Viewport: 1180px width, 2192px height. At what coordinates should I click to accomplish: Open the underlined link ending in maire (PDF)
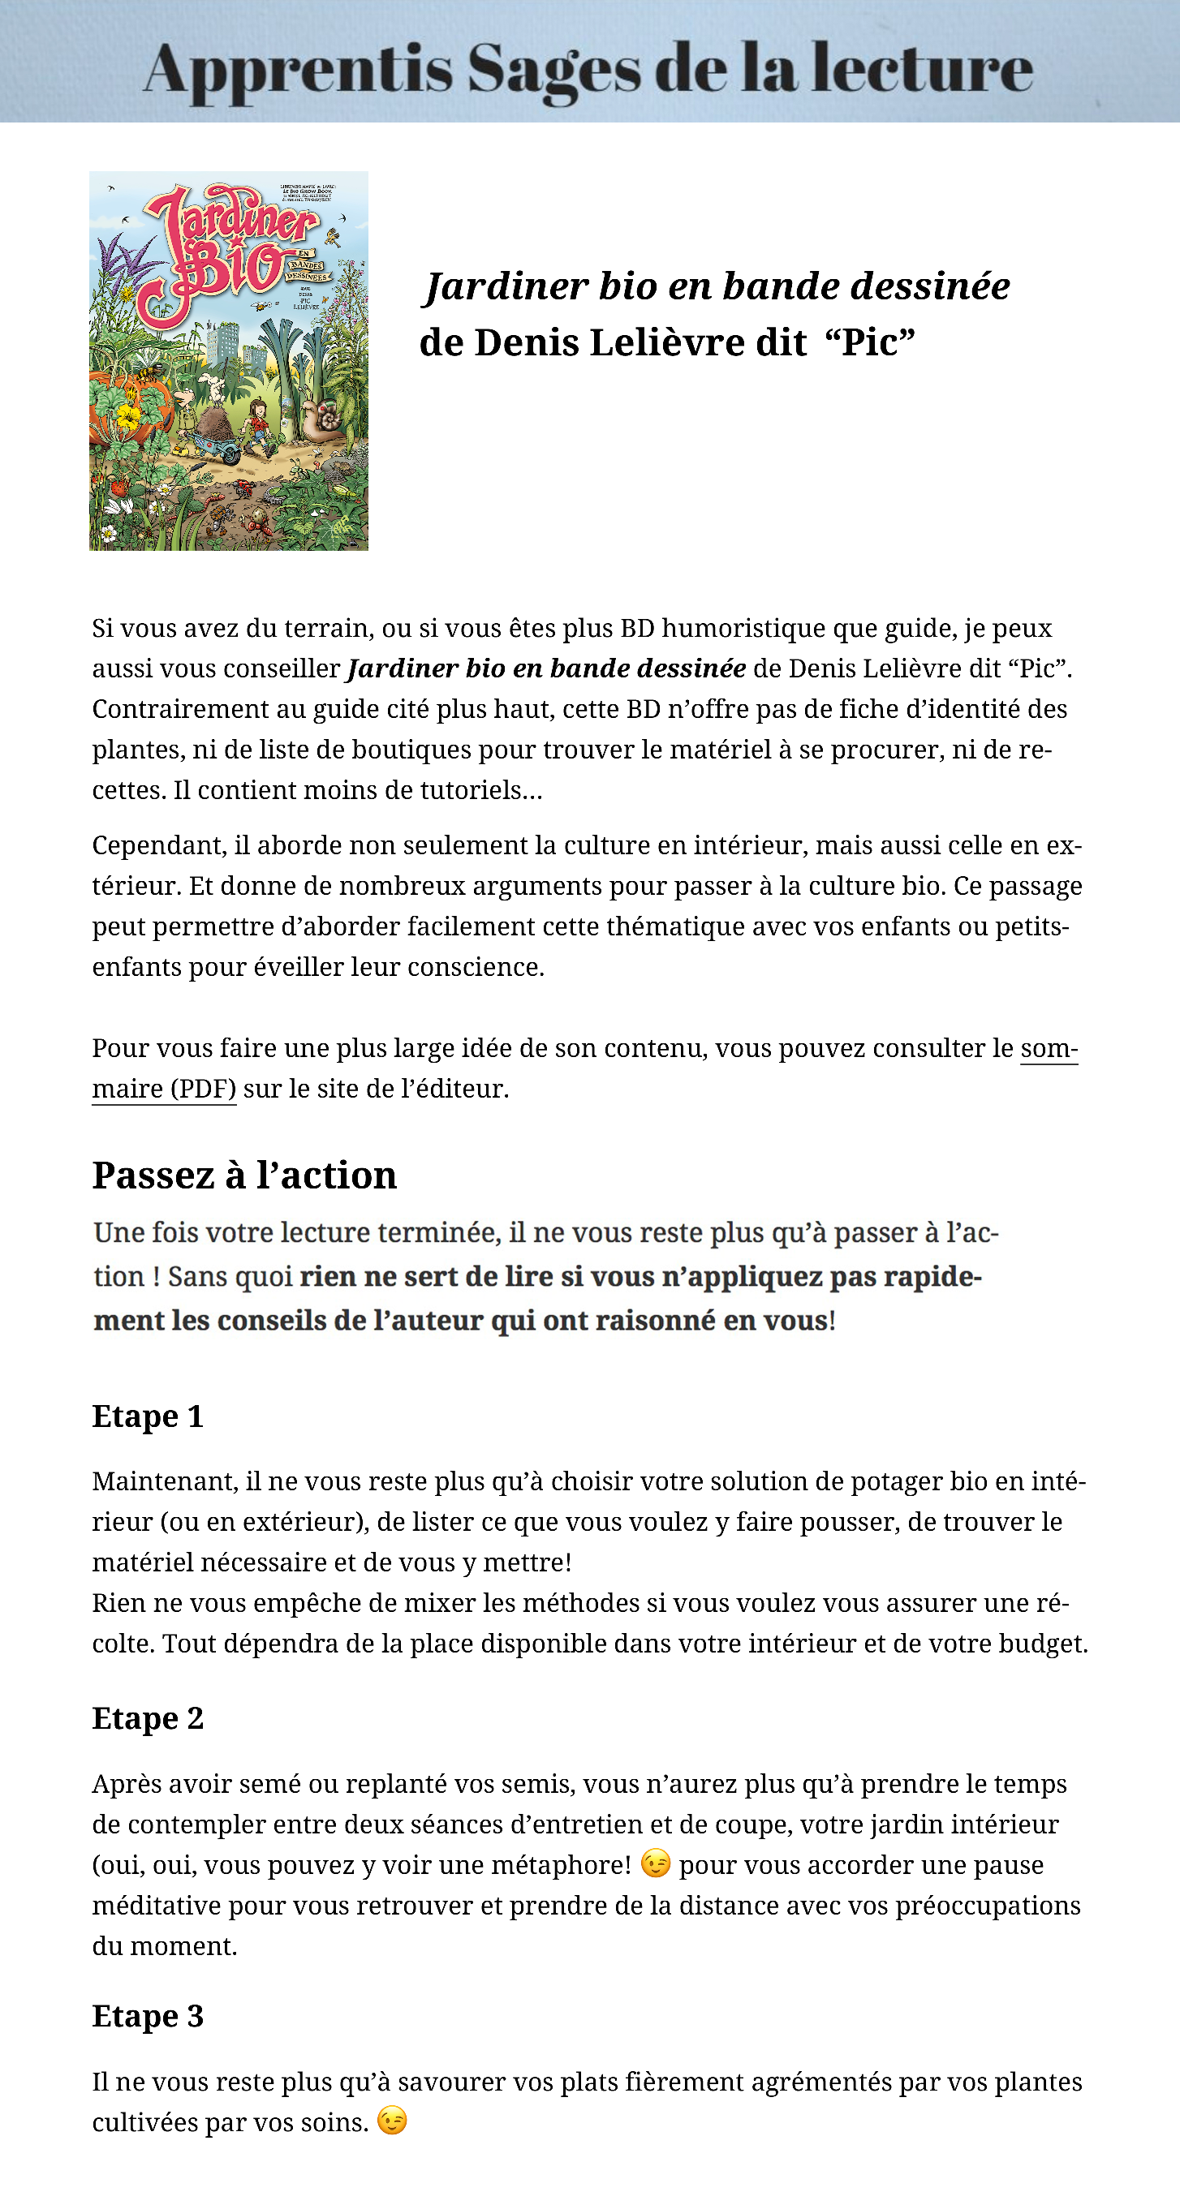point(163,1089)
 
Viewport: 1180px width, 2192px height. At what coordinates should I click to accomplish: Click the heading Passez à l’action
point(244,1176)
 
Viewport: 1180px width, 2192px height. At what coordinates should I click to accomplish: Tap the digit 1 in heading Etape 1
point(195,1416)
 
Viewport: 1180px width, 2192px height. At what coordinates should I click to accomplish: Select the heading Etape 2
point(147,1718)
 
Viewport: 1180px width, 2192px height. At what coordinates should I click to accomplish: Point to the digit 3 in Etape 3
point(195,2016)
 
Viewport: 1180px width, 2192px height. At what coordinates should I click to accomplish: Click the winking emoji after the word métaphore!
point(655,1863)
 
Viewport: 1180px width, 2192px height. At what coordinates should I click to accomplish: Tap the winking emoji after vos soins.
point(392,2121)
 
